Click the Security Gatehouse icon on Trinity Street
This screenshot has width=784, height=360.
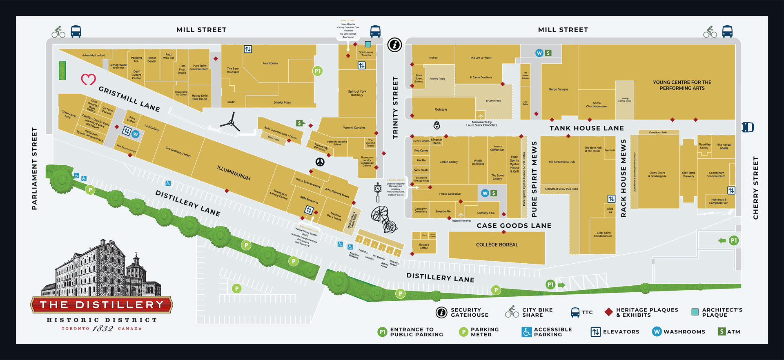(x=394, y=45)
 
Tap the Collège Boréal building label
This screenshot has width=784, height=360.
(x=497, y=244)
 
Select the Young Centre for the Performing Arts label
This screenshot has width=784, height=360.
(x=682, y=85)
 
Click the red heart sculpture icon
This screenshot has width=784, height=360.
(x=88, y=79)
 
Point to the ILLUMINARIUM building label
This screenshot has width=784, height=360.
(x=234, y=173)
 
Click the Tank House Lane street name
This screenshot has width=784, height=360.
(x=586, y=128)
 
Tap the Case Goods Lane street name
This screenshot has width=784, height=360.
(x=514, y=226)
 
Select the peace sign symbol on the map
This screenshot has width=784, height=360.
(x=320, y=162)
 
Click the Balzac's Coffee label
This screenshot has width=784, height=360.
(x=424, y=246)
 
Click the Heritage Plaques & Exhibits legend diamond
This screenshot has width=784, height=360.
(x=608, y=312)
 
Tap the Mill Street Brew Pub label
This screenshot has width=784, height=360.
(x=561, y=162)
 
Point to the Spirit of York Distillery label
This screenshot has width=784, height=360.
(x=357, y=93)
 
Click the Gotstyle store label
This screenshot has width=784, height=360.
(x=441, y=109)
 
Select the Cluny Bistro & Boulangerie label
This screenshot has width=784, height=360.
(x=657, y=174)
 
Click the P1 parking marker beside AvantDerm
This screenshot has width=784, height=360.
(x=317, y=71)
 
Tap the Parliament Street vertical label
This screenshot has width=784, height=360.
(x=34, y=169)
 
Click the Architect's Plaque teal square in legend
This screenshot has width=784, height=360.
(x=695, y=312)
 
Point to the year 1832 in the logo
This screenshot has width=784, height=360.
(x=102, y=329)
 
